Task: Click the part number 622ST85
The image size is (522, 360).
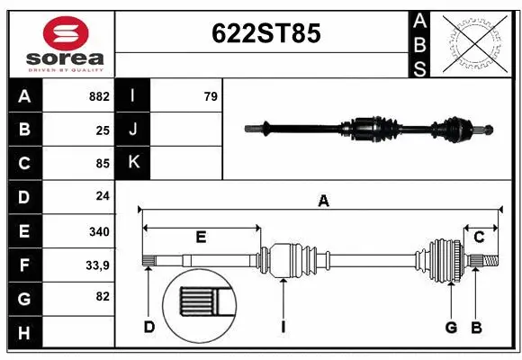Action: click(x=265, y=33)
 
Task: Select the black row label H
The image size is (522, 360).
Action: click(x=24, y=333)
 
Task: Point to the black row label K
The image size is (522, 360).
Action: click(x=133, y=163)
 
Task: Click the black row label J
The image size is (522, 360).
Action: click(x=133, y=130)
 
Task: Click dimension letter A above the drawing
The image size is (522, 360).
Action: click(x=322, y=202)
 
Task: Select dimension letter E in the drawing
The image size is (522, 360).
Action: click(x=201, y=238)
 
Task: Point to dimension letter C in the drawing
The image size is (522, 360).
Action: click(x=479, y=238)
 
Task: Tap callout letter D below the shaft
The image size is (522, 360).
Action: click(x=149, y=327)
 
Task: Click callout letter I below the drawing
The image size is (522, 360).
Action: click(x=283, y=327)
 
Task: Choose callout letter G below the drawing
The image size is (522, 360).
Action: click(x=451, y=327)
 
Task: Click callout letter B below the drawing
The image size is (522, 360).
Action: click(x=476, y=327)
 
